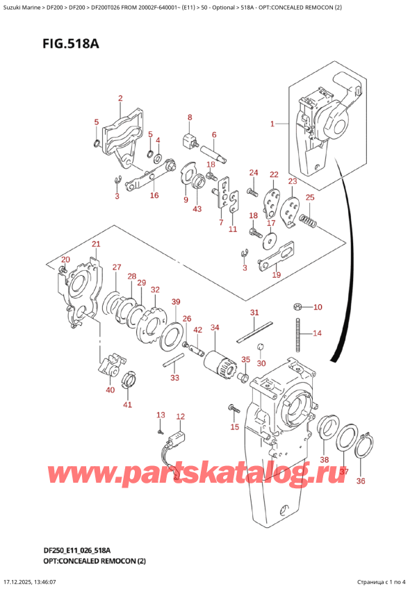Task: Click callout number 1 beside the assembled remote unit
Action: (x=273, y=124)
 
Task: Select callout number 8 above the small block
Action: (x=189, y=117)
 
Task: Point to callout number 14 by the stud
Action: (x=318, y=333)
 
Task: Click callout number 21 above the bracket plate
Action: (x=96, y=244)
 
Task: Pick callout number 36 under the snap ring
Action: (x=359, y=481)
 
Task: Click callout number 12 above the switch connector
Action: (x=180, y=417)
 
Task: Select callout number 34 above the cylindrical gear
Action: (x=215, y=327)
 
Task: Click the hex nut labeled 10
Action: (x=297, y=306)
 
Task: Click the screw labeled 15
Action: (x=233, y=407)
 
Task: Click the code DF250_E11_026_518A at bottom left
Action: (x=66, y=550)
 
